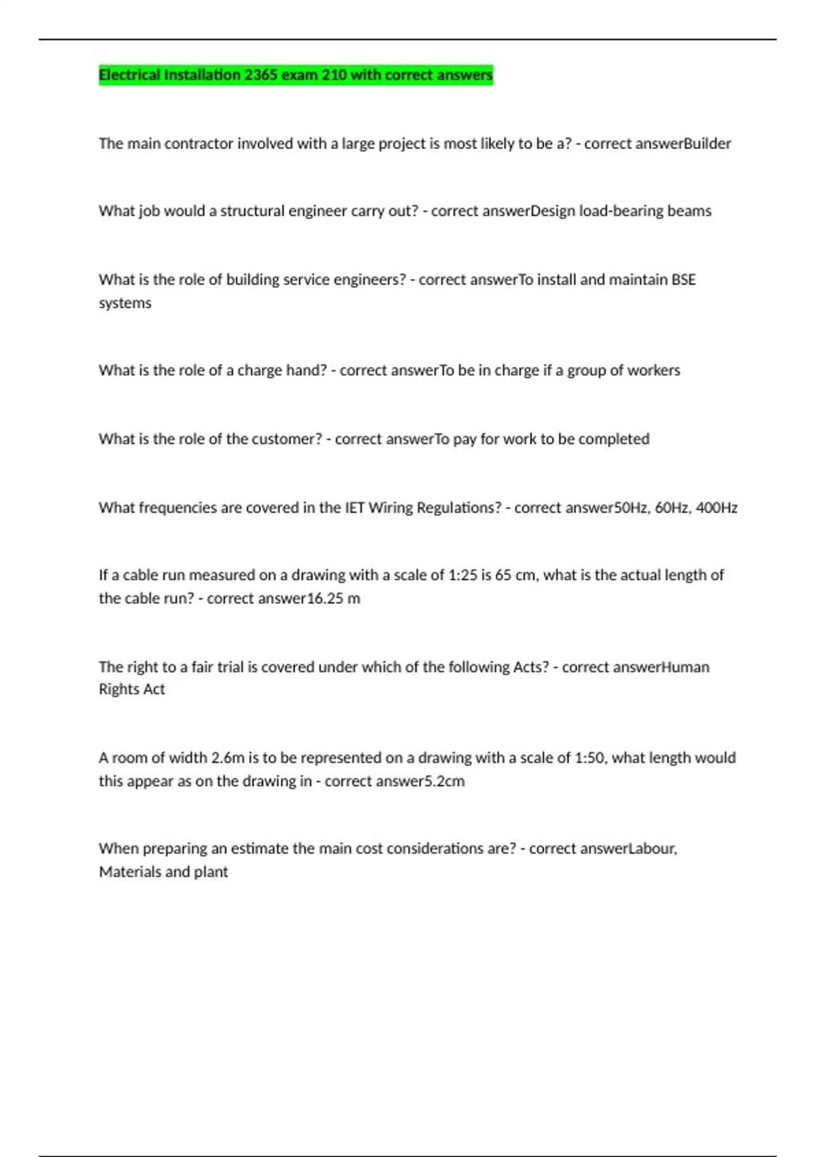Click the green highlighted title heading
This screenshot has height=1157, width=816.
pos(295,75)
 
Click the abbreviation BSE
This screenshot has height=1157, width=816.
pos(683,280)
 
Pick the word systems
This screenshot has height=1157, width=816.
pos(125,303)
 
